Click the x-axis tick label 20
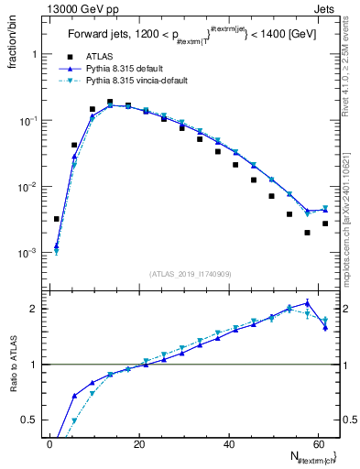tap(139, 444)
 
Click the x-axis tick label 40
tap(229, 444)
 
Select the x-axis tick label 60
tap(318, 444)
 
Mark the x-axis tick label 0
tap(50, 444)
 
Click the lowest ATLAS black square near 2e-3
tap(308, 233)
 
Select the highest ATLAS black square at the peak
tap(110, 103)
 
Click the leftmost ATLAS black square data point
tap(57, 219)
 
